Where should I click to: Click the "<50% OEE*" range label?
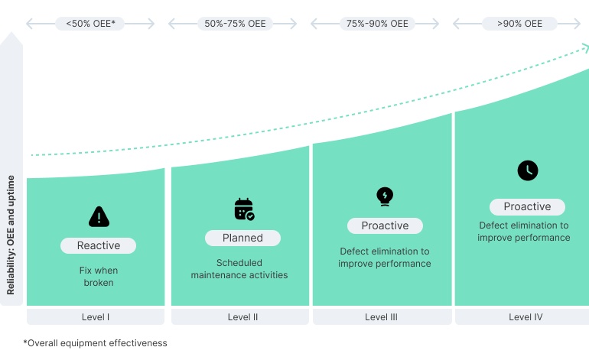point(90,24)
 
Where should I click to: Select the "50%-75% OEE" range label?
point(235,24)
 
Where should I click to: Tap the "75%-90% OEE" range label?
point(377,24)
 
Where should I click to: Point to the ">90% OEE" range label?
point(519,24)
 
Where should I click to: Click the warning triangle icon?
point(99,217)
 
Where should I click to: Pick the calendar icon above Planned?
point(243,209)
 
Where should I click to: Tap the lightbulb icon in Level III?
point(385,196)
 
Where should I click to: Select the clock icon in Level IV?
point(527,170)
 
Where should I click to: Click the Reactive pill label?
point(99,245)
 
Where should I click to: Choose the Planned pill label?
point(242,238)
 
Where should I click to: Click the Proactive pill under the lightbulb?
point(385,225)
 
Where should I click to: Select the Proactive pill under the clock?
point(527,206)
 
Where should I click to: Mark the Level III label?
point(382,316)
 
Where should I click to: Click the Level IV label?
point(526,316)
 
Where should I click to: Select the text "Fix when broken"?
point(98,277)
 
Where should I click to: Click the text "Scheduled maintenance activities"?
point(239,269)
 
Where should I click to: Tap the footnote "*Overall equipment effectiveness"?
point(95,343)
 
